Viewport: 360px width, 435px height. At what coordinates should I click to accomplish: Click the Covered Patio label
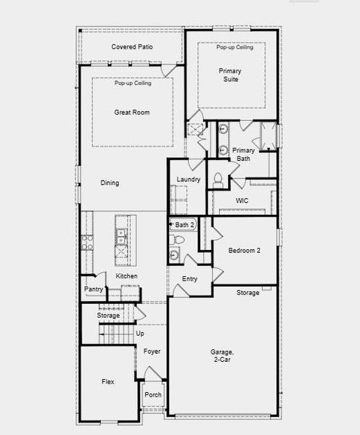[132, 47]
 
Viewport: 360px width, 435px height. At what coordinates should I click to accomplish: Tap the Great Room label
[132, 112]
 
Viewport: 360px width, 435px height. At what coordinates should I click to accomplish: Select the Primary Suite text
[230, 75]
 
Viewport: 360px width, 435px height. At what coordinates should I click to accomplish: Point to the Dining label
[110, 183]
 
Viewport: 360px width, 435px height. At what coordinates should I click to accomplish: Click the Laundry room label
[188, 180]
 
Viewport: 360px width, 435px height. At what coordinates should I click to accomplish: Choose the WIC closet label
[242, 201]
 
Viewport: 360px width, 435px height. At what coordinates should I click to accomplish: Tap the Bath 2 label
[184, 225]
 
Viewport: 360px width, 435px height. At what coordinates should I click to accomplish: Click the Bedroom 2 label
[244, 251]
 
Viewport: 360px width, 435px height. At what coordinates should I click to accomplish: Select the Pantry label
[94, 289]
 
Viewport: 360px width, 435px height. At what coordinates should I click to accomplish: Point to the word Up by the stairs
[140, 333]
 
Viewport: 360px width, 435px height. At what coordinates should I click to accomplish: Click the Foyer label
[152, 352]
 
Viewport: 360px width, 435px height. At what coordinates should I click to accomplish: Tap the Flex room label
[107, 382]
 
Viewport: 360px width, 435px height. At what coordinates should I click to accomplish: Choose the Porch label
[153, 395]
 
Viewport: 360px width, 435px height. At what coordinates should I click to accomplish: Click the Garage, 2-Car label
[222, 356]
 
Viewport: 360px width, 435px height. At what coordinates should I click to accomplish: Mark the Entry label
[189, 279]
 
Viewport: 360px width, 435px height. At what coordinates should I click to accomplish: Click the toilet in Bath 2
[176, 239]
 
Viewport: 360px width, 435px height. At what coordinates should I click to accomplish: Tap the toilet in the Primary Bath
[218, 181]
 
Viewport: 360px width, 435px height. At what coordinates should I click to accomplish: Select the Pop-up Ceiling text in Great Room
[133, 83]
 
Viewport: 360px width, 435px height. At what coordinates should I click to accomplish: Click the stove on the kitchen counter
[87, 242]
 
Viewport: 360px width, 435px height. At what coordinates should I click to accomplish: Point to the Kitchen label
[126, 276]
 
